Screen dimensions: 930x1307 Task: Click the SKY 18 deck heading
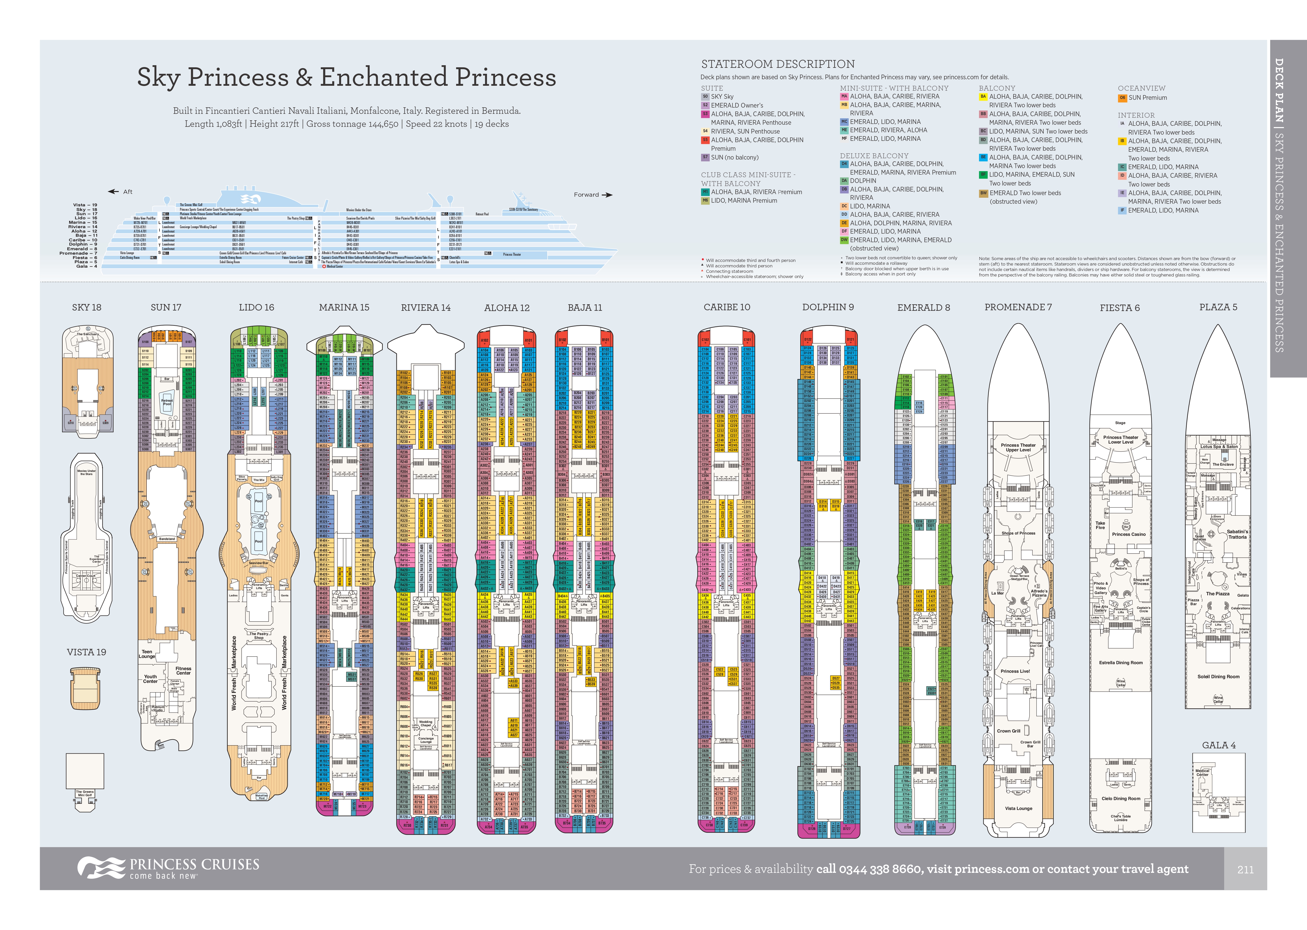point(86,307)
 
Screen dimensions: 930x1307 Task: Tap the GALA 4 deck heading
point(1218,745)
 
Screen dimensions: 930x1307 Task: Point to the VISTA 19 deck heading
point(86,652)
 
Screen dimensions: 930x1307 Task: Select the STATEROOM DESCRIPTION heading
point(778,64)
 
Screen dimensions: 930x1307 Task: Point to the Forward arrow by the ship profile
point(606,195)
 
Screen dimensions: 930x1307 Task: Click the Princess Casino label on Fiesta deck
point(1129,534)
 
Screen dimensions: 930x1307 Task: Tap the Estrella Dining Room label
point(1121,663)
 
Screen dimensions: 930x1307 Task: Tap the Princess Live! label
point(1015,671)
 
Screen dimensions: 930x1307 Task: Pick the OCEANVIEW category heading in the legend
point(1141,88)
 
